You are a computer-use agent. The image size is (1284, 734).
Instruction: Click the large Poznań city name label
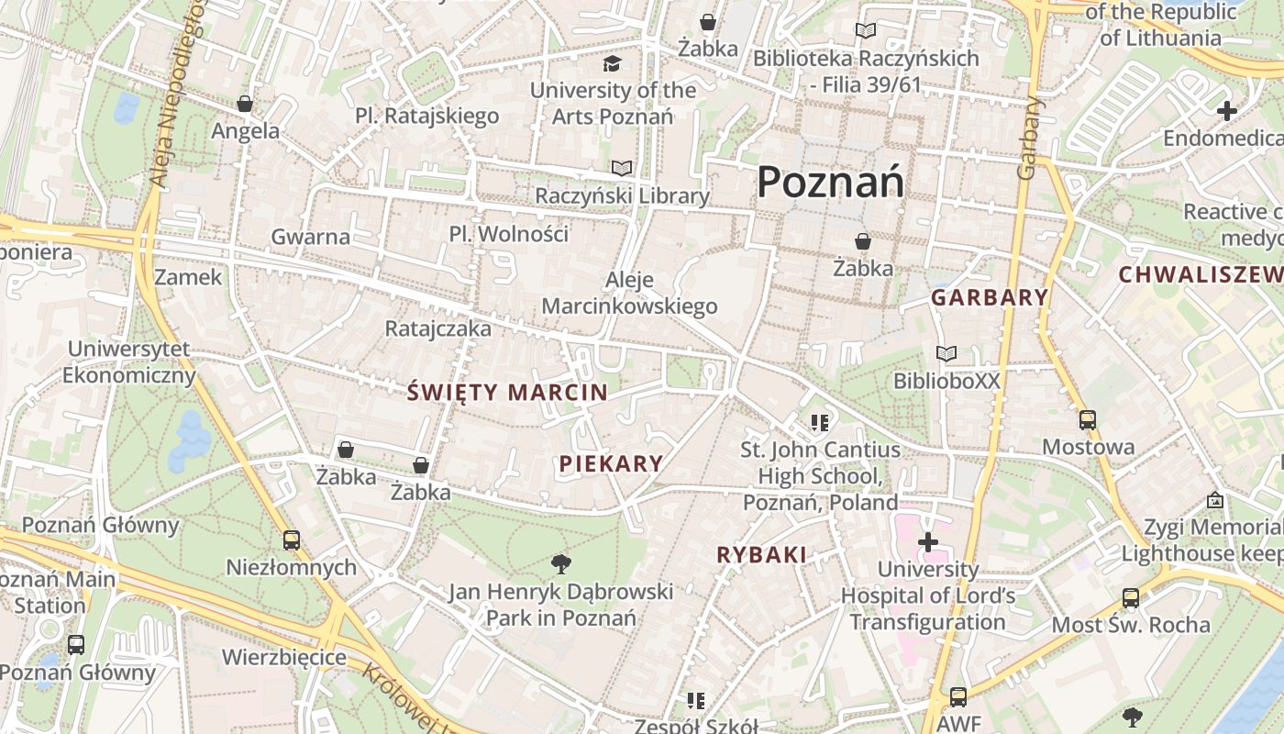pos(830,182)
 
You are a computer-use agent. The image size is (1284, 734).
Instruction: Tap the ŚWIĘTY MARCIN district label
pos(507,393)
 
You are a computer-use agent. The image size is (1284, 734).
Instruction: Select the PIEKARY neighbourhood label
pos(611,463)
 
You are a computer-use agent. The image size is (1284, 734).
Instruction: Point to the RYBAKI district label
pos(761,555)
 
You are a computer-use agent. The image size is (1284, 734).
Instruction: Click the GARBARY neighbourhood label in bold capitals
pos(990,297)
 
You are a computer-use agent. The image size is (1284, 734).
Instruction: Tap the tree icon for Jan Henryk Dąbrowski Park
pos(560,562)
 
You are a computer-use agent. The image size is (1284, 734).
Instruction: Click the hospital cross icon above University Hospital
pos(927,542)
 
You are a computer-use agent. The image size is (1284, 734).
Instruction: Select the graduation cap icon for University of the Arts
pos(612,63)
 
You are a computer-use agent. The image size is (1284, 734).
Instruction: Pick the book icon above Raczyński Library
pos(622,169)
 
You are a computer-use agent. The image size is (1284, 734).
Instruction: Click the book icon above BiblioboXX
pos(946,353)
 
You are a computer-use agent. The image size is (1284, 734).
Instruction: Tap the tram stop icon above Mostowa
pos(1087,420)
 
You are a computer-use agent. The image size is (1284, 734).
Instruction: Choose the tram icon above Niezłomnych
pos(291,540)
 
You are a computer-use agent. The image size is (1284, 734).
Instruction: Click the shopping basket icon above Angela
pos(245,104)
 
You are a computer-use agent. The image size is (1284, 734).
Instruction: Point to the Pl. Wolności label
pos(508,234)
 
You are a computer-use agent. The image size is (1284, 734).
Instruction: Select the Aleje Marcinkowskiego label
pos(629,293)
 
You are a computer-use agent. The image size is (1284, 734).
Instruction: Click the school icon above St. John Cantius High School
pos(820,423)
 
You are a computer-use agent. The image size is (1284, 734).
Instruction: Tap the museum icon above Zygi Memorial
pos(1215,500)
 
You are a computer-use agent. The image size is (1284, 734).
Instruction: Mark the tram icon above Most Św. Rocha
pos(1130,598)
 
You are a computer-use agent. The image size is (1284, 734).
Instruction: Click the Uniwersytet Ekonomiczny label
pos(129,362)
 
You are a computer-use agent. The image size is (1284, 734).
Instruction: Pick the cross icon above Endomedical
pos(1226,112)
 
